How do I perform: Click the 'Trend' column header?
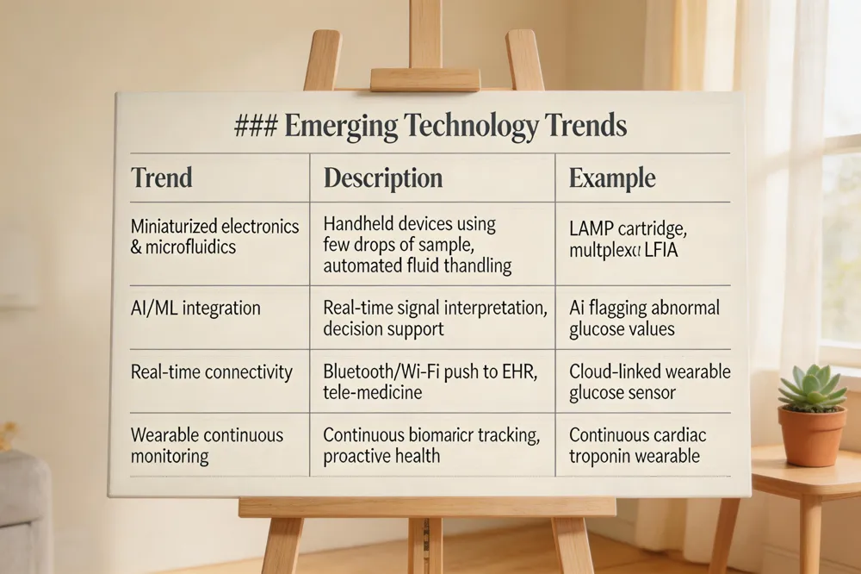(x=162, y=178)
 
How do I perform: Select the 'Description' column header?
(x=383, y=178)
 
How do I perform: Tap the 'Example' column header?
(x=612, y=178)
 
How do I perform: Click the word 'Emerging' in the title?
(x=341, y=127)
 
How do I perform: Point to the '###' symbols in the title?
(x=256, y=127)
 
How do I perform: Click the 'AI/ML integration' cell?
(x=195, y=308)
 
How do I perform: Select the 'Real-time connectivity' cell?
(x=212, y=372)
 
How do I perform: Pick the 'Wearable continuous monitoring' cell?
(x=207, y=446)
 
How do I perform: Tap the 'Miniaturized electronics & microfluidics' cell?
(x=215, y=236)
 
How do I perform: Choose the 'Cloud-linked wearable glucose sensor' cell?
(x=649, y=382)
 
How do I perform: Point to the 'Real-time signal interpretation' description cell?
(x=435, y=318)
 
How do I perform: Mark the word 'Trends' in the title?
(x=585, y=127)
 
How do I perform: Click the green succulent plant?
(x=812, y=390)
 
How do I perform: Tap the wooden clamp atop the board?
(x=425, y=79)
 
